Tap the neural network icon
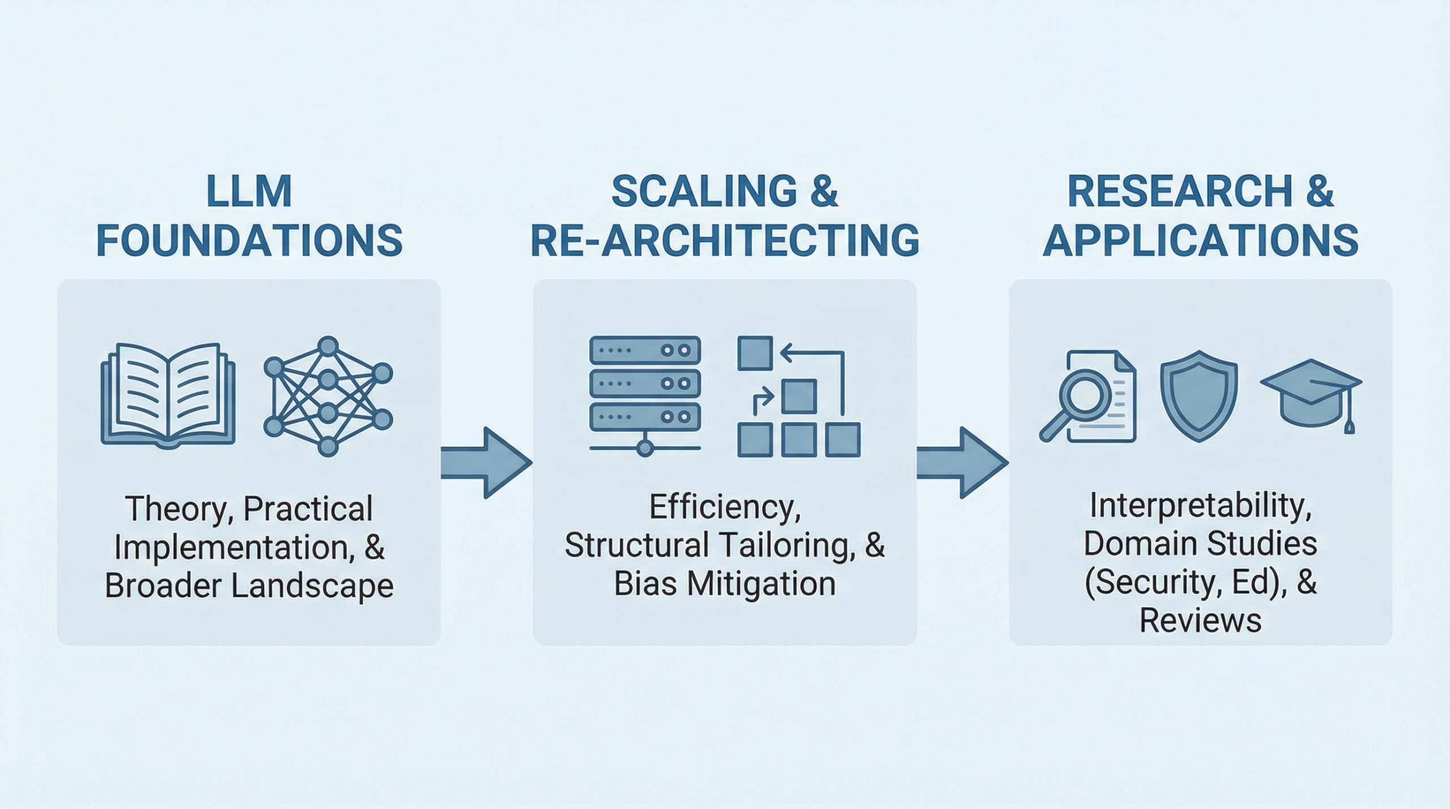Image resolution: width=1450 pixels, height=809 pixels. pyautogui.click(x=328, y=396)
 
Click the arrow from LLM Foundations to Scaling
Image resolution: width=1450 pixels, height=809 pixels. pyautogui.click(x=486, y=463)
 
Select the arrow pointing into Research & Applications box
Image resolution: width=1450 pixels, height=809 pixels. pyautogui.click(x=962, y=463)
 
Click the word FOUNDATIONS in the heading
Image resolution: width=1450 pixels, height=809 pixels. pyautogui.click(x=249, y=240)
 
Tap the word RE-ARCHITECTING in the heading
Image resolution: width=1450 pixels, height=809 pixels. pyautogui.click(x=724, y=240)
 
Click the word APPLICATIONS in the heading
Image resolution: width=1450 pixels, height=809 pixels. pyautogui.click(x=1200, y=240)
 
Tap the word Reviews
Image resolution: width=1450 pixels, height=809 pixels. pyautogui.click(x=1200, y=620)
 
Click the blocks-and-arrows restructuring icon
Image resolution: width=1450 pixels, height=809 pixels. pyautogui.click(x=799, y=396)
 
